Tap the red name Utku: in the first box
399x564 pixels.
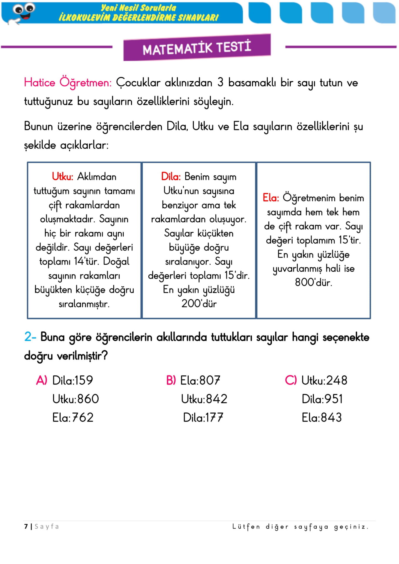click(62, 177)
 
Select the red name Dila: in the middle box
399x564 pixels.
click(171, 177)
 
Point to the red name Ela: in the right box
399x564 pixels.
click(271, 198)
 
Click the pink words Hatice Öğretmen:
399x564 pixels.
click(68, 83)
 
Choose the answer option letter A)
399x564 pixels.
click(41, 380)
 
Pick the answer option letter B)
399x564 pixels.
click(171, 380)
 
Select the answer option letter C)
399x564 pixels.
click(291, 380)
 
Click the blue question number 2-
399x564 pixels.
click(30, 337)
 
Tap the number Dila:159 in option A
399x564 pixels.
click(73, 380)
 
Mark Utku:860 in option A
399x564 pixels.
click(76, 399)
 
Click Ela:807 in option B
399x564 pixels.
click(200, 380)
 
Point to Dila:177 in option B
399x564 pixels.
click(203, 417)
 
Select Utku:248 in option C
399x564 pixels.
click(324, 380)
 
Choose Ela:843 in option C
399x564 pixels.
click(322, 417)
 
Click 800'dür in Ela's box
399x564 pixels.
click(313, 282)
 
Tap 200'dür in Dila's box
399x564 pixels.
click(199, 303)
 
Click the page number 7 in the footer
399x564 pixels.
click(26, 526)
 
